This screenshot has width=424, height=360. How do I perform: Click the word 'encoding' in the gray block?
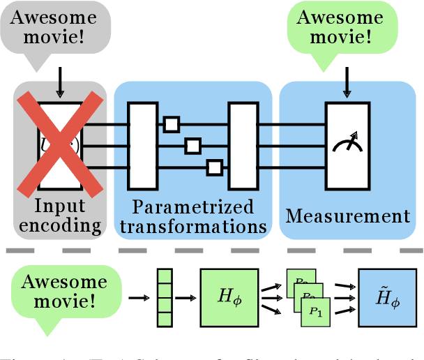(61, 226)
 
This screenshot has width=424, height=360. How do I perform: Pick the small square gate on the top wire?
(171, 124)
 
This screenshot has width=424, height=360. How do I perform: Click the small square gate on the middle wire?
(192, 146)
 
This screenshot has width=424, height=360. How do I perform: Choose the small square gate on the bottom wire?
(215, 167)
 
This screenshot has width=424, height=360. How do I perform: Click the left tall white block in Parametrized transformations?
(142, 146)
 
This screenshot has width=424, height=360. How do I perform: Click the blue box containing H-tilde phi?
(386, 299)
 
